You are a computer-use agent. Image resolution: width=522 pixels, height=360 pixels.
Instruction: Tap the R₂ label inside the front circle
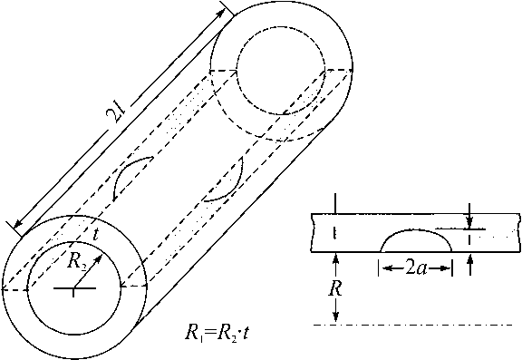point(78,261)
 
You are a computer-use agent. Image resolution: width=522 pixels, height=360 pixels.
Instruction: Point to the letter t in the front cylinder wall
point(95,235)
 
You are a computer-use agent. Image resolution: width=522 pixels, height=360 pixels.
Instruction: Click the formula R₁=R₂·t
point(217,333)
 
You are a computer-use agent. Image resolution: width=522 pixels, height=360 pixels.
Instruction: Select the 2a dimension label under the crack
point(416,268)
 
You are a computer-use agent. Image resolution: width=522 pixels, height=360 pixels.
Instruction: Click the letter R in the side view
point(335,289)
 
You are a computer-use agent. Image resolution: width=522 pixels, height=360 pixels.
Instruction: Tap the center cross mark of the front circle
point(74,287)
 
